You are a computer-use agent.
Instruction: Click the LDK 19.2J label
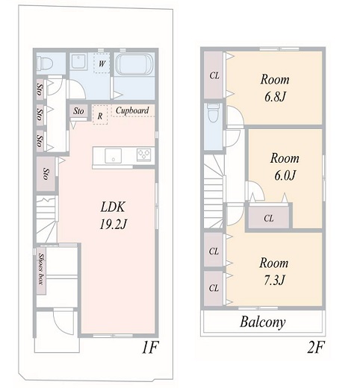pos(114,216)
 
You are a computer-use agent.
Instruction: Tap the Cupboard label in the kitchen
pos(132,110)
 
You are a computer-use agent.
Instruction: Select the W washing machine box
pos(102,63)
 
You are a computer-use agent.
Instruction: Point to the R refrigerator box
pos(100,115)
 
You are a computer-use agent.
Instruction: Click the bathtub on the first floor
pos(134,64)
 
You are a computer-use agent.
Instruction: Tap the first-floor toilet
pos(45,63)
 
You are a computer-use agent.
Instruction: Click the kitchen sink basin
pos(113,156)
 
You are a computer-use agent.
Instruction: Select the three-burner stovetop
pos(143,154)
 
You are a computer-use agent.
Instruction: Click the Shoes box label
pos(41,269)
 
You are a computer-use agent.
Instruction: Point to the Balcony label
pos(263,322)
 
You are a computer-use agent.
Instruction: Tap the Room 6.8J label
pos(275,88)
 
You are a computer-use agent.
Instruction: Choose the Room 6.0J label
pos(285,166)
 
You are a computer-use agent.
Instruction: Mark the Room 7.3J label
pos(274,272)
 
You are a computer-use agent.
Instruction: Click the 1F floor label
pos(149,348)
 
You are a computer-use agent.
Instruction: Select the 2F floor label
pos(316,348)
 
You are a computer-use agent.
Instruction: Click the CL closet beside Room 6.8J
pos(214,75)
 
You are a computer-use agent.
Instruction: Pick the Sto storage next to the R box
pos(78,110)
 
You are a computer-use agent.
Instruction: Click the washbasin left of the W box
pos(78,62)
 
